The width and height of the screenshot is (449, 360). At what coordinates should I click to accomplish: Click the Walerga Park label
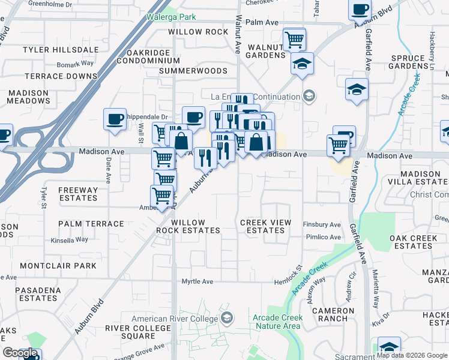click(172, 17)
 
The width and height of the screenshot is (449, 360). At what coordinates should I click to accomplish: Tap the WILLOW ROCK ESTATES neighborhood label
click(188, 226)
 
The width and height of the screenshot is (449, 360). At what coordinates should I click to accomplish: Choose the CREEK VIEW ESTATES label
click(265, 226)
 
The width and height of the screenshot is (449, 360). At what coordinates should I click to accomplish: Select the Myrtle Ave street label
click(197, 281)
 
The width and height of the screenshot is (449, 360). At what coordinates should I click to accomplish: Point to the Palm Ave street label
click(262, 22)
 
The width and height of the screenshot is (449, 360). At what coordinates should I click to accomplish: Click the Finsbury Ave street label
click(322, 224)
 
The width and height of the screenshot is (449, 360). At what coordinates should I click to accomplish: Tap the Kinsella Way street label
click(70, 239)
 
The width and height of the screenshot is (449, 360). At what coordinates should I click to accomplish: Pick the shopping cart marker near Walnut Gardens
click(294, 40)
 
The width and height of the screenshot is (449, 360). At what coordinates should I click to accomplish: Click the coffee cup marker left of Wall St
click(114, 118)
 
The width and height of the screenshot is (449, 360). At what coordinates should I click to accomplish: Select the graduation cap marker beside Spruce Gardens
click(357, 89)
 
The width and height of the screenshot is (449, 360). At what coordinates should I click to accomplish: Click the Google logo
click(20, 353)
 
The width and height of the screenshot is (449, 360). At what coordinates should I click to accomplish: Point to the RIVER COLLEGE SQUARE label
click(138, 332)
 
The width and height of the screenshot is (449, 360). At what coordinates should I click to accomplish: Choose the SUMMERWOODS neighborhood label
click(193, 71)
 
